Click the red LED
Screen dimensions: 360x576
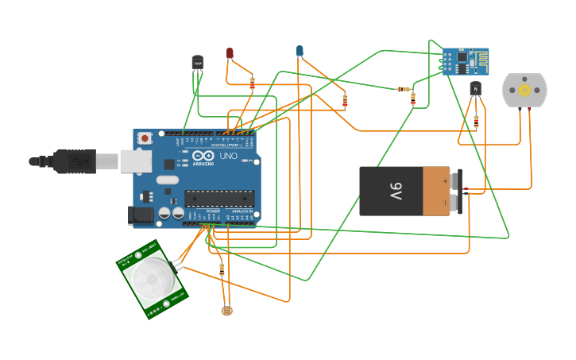pyautogui.click(x=230, y=53)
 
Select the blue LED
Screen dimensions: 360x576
pyautogui.click(x=300, y=51)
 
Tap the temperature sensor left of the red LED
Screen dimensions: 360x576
pyautogui.click(x=197, y=62)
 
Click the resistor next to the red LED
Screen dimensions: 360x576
pyautogui.click(x=252, y=83)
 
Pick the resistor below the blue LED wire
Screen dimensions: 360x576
pyautogui.click(x=345, y=101)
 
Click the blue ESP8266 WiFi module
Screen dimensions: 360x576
pyautogui.click(x=465, y=61)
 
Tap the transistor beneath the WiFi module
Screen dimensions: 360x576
pyautogui.click(x=475, y=88)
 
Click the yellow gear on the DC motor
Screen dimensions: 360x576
pyautogui.click(x=524, y=91)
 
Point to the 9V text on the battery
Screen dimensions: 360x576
pyautogui.click(x=395, y=191)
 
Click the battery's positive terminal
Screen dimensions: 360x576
pyautogui.click(x=456, y=179)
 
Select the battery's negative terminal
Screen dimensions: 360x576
pyautogui.click(x=456, y=203)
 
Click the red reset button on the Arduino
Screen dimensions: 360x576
pyautogui.click(x=145, y=138)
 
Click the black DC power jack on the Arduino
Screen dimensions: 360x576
pyautogui.click(x=141, y=214)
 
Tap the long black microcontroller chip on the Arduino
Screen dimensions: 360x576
pyautogui.click(x=219, y=199)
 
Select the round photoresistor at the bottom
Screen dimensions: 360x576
pyautogui.click(x=227, y=311)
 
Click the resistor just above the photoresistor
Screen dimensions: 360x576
pyautogui.click(x=222, y=270)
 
